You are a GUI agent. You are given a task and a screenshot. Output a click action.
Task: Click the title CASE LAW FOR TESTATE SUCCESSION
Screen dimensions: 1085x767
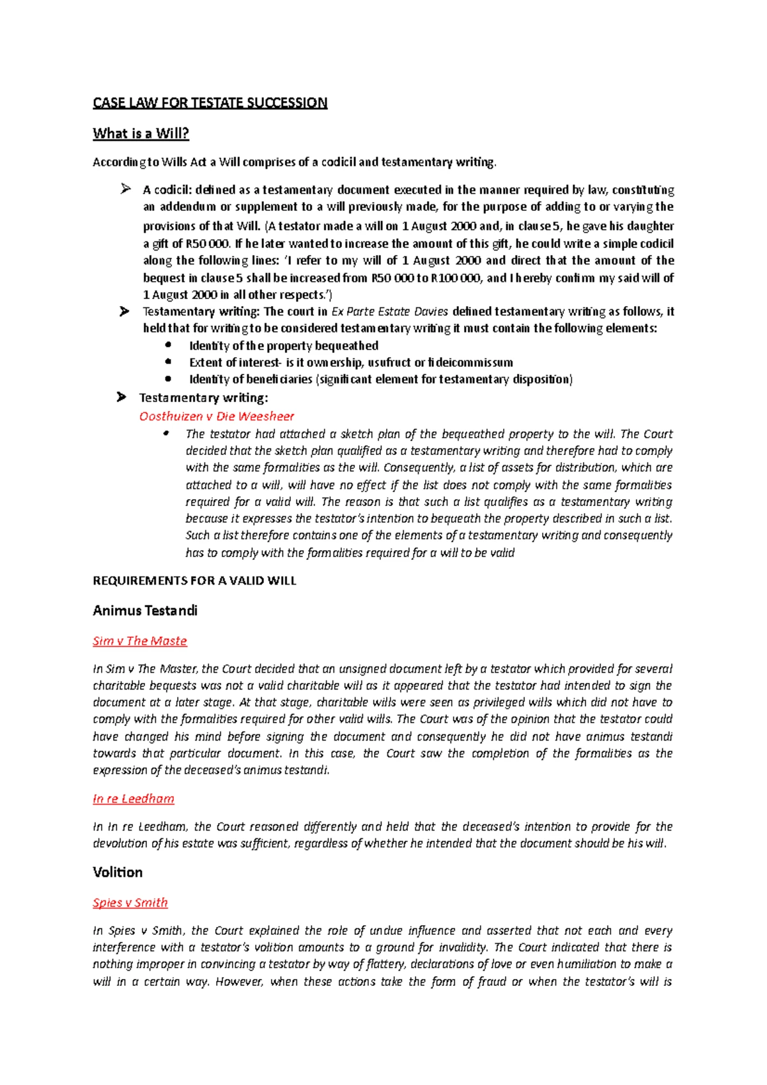(210, 103)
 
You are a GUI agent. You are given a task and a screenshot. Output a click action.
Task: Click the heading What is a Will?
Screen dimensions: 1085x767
(141, 134)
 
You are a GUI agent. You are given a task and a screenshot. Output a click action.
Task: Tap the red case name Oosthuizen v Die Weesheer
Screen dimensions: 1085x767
(217, 417)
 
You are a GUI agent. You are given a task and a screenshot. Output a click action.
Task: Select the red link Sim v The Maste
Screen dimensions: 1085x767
(139, 641)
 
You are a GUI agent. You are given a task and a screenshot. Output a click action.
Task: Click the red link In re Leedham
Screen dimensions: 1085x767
(133, 799)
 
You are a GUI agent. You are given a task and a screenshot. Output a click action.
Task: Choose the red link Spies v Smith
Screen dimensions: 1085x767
(130, 903)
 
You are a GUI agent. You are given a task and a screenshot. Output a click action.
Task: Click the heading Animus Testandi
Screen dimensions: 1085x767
(145, 611)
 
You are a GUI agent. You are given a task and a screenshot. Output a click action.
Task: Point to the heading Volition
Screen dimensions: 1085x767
(118, 873)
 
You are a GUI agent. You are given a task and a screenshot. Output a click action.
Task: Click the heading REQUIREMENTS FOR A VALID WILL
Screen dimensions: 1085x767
(194, 581)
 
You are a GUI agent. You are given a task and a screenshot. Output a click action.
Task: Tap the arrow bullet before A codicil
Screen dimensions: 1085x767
(125, 189)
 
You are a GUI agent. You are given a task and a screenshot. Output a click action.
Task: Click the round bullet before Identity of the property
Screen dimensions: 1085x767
(168, 345)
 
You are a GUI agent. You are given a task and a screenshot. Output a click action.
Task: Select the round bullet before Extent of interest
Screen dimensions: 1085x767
(168, 362)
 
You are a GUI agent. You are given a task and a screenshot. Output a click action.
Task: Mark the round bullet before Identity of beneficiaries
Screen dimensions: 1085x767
(168, 378)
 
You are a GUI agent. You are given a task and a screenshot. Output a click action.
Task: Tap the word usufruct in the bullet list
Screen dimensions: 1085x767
(389, 362)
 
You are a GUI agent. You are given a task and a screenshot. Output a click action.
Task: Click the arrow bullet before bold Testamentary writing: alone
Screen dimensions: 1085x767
(121, 397)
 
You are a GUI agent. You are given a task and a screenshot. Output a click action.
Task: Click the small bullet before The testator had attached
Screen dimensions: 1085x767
(166, 433)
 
